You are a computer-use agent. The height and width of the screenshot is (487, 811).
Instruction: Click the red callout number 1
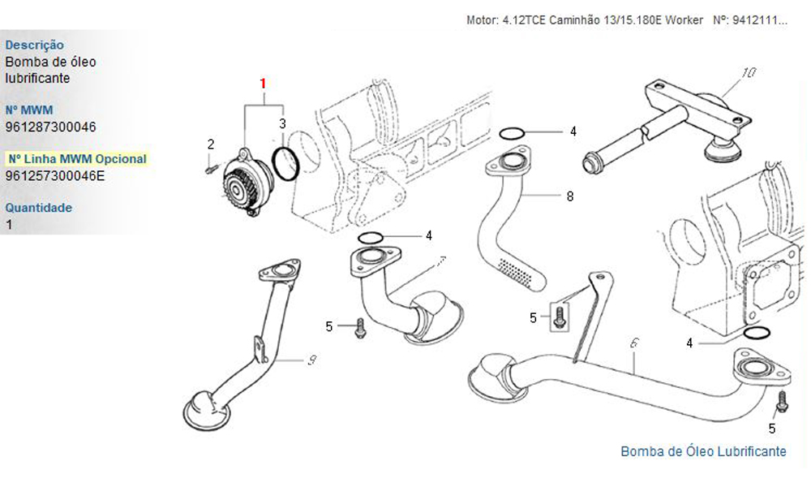(x=263, y=84)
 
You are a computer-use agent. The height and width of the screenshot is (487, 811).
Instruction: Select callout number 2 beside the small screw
(x=211, y=144)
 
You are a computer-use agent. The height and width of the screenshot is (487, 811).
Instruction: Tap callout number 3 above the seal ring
(x=282, y=124)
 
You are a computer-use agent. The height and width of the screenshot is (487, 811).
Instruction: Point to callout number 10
(x=749, y=73)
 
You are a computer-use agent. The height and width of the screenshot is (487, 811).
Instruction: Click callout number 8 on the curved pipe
(x=570, y=196)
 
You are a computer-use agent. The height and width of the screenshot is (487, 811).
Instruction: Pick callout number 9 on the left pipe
(x=311, y=363)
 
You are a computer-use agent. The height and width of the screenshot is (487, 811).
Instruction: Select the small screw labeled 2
(x=209, y=169)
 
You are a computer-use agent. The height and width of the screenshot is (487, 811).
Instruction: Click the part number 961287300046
(x=50, y=127)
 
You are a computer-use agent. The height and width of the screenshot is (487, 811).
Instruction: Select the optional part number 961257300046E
(x=55, y=175)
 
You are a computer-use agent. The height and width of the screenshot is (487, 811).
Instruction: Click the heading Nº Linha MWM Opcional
(x=77, y=159)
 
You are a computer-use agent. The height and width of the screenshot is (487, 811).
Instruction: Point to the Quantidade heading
(x=38, y=208)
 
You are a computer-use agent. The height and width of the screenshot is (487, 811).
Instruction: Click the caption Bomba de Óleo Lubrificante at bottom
(x=703, y=451)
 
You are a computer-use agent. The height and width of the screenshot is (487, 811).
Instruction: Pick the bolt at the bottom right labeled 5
(x=783, y=400)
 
